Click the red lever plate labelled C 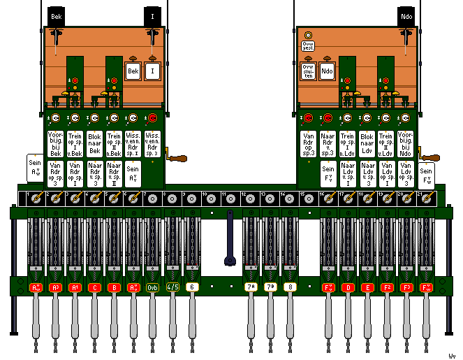click(x=94, y=287)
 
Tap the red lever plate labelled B click(x=114, y=287)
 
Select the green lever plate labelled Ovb click(x=153, y=287)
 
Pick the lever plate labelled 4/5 click(x=172, y=287)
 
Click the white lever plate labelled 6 click(x=192, y=287)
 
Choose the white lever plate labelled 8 click(x=290, y=287)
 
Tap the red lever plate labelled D click(x=348, y=287)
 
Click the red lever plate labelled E click(x=368, y=287)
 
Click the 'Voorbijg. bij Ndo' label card click(x=406, y=144)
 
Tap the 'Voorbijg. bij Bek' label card click(x=56, y=144)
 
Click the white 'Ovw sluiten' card click(x=308, y=71)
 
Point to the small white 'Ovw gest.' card click(x=308, y=46)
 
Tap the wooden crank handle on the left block click(x=179, y=160)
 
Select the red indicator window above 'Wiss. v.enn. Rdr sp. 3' click(x=153, y=117)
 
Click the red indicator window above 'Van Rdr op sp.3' click(x=308, y=117)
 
